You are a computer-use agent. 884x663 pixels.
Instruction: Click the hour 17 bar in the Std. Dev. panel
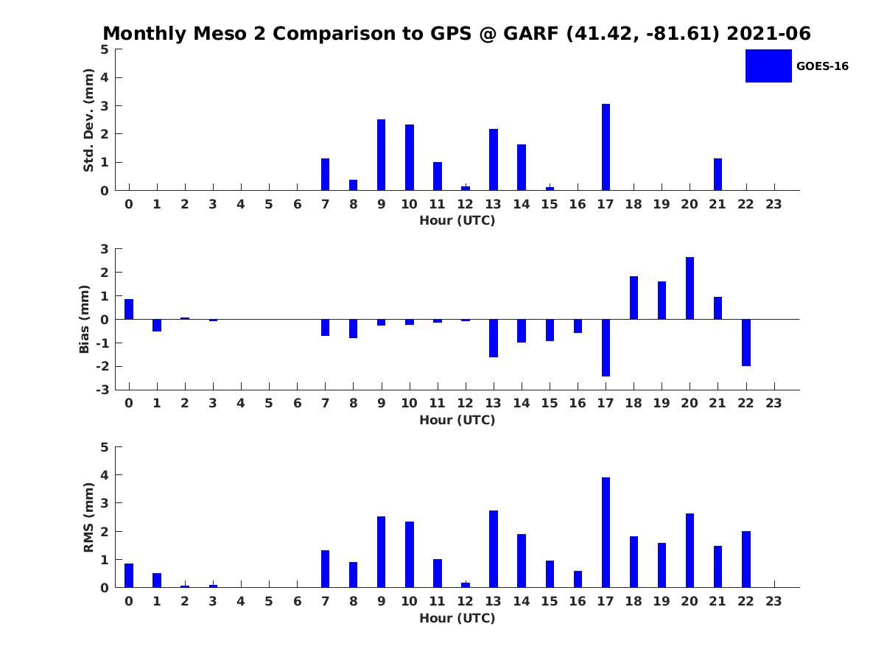click(606, 147)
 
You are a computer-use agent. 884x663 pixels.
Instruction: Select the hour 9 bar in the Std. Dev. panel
click(381, 155)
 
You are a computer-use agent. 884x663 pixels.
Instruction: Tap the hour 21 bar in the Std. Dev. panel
click(718, 175)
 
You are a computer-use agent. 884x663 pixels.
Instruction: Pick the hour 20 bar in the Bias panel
click(690, 288)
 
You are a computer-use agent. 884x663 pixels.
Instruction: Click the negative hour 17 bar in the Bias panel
click(606, 348)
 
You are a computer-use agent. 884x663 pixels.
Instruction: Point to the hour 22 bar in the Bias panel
click(746, 343)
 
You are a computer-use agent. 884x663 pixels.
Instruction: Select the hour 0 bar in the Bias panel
click(129, 309)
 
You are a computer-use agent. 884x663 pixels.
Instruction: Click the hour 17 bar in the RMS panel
click(606, 532)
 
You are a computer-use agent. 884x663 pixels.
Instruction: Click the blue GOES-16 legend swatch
click(768, 66)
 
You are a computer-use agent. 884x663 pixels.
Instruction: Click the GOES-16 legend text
click(822, 66)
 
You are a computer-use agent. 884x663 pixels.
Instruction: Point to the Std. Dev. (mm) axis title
click(88, 120)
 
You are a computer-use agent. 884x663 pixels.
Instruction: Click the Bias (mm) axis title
click(85, 319)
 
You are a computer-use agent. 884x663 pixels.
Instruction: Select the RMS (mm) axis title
click(88, 517)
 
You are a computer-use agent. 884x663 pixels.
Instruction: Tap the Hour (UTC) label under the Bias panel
click(457, 420)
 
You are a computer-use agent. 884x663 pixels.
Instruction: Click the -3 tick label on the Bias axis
click(105, 390)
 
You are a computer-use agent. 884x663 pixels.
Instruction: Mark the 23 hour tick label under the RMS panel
click(773, 600)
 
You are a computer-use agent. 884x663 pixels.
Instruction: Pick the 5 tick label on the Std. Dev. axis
click(105, 49)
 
